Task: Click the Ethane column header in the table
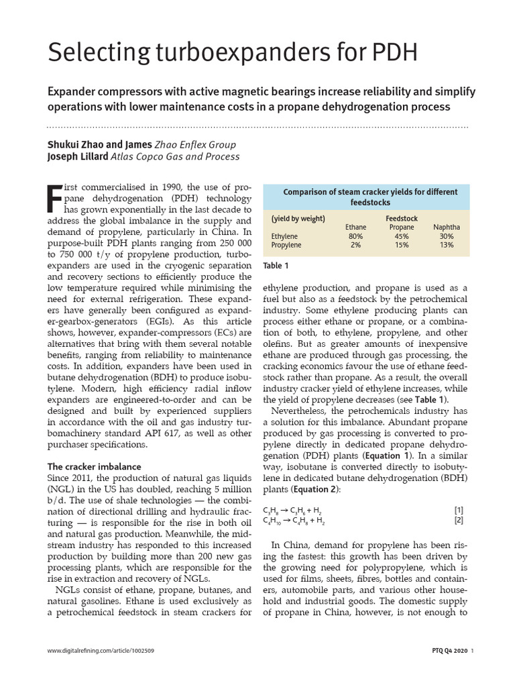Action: tap(355, 227)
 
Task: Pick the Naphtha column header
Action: tap(447, 227)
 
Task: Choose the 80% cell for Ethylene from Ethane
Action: tap(355, 236)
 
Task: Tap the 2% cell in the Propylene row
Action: tap(355, 245)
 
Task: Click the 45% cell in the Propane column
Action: tap(402, 236)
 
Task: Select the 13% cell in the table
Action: tap(447, 245)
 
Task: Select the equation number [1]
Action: tap(459, 511)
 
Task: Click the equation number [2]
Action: tap(459, 520)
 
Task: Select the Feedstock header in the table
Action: tap(402, 219)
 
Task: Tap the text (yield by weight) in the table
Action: tap(298, 219)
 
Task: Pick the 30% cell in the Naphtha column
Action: tap(447, 236)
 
